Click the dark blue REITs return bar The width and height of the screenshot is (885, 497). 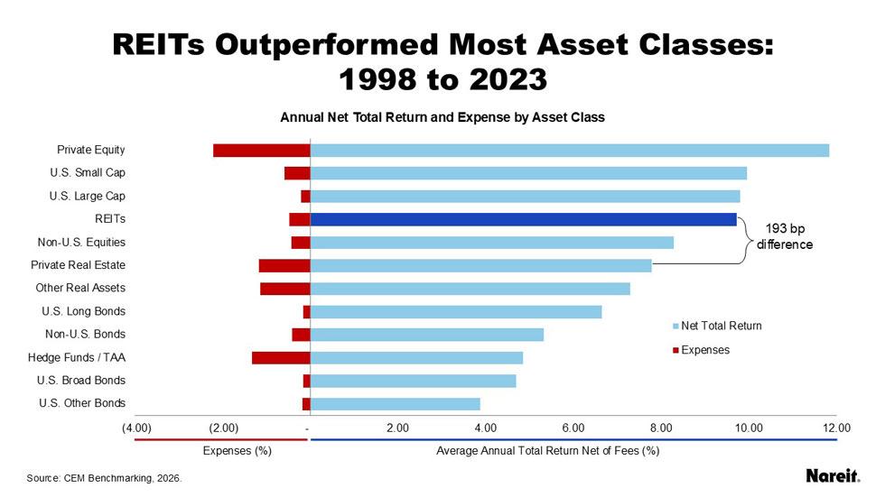click(523, 219)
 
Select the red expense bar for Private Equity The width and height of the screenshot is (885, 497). click(261, 150)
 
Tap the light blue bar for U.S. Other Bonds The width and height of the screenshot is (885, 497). click(395, 403)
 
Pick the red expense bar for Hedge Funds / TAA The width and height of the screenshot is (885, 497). click(281, 357)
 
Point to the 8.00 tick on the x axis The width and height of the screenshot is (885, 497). click(662, 428)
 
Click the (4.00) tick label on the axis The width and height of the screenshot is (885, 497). click(136, 428)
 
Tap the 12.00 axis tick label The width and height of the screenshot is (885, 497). click(836, 428)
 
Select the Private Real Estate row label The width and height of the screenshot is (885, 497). click(78, 265)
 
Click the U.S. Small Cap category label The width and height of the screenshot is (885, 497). click(88, 172)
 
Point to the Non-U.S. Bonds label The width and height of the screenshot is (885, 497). click(85, 334)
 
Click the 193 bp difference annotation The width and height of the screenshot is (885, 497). click(784, 236)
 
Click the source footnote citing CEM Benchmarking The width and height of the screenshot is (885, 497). click(104, 478)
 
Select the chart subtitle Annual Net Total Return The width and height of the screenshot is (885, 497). click(442, 117)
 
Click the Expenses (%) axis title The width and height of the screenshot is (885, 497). click(238, 450)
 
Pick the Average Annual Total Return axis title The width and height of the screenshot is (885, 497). click(547, 450)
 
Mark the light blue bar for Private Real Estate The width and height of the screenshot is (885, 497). click(480, 265)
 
